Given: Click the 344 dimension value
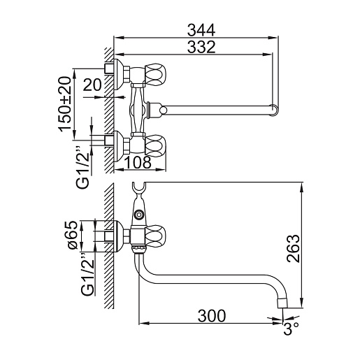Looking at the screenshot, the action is coord(201,31).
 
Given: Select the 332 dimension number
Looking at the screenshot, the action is coord(201,47).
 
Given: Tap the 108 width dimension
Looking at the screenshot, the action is coord(138,162).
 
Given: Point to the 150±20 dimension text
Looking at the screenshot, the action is coord(64,104).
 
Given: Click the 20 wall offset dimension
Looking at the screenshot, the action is coord(92,85).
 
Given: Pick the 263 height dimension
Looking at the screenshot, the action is coord(293,249).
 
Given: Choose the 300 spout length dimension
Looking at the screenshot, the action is coord(212,316).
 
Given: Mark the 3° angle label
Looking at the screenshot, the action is coord(291,329).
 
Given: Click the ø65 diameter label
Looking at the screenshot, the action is coord(72,235).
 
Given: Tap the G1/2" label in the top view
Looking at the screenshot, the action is coord(83,167).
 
